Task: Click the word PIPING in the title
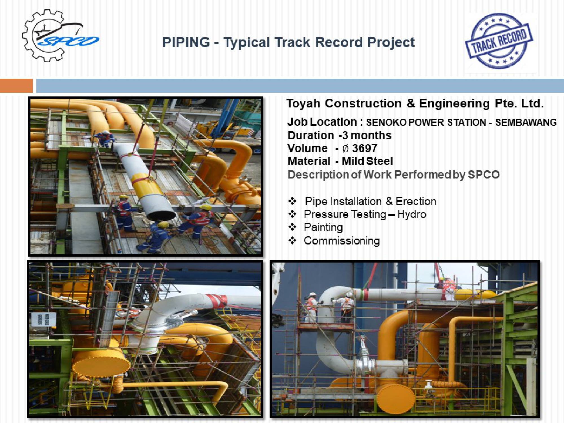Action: (186, 42)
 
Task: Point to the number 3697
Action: (365, 148)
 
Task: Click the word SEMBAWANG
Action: (526, 122)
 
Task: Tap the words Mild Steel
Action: (367, 161)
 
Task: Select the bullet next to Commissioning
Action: (292, 241)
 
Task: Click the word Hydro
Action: (411, 215)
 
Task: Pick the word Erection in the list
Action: (416, 201)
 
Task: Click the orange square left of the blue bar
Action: (16, 85)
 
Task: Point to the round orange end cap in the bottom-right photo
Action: (395, 398)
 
